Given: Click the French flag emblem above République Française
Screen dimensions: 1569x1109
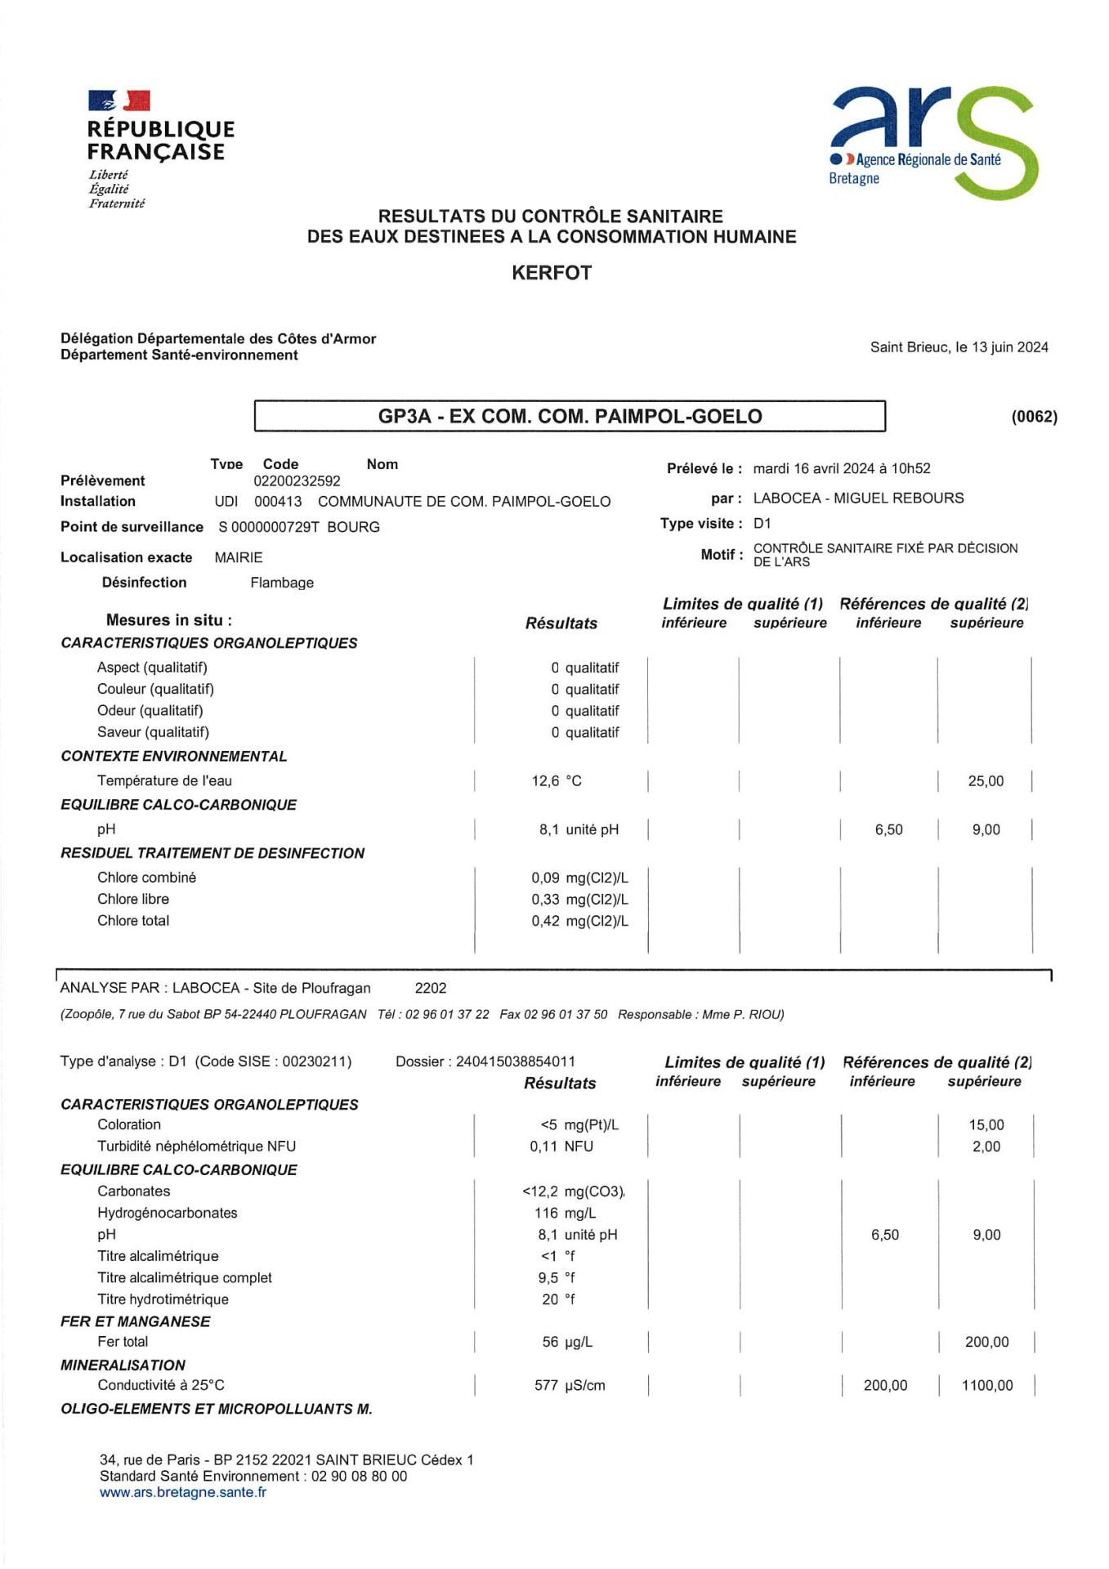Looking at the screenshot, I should [119, 101].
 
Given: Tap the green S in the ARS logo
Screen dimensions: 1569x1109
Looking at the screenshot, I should [1002, 143].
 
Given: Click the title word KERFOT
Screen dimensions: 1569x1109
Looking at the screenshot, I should [552, 273].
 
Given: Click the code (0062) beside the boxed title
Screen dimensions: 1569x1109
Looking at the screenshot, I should [1034, 417].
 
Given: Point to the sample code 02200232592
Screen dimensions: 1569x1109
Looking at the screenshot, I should [297, 481].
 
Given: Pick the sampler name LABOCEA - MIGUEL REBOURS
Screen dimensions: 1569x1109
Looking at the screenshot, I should [858, 498].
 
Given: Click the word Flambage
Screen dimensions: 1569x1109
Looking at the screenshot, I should [282, 583].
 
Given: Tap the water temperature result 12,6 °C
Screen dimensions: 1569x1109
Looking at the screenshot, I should [557, 781].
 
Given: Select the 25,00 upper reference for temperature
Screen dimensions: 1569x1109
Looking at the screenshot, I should [986, 781].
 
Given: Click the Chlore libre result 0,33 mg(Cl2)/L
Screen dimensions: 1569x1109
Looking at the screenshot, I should [579, 900].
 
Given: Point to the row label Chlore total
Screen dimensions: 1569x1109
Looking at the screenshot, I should [133, 921].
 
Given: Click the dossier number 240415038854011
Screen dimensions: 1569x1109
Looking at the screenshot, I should [515, 1062].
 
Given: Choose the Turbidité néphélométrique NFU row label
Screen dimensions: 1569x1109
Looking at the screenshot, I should [196, 1147].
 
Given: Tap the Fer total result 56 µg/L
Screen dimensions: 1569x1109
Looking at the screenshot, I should [567, 1342].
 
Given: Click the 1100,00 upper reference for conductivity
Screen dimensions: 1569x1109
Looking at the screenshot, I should [987, 1385].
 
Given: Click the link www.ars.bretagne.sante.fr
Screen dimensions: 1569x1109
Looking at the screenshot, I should [183, 1492].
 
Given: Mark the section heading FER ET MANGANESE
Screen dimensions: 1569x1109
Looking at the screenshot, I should [135, 1321].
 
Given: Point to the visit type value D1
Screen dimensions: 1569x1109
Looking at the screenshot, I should [762, 524].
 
